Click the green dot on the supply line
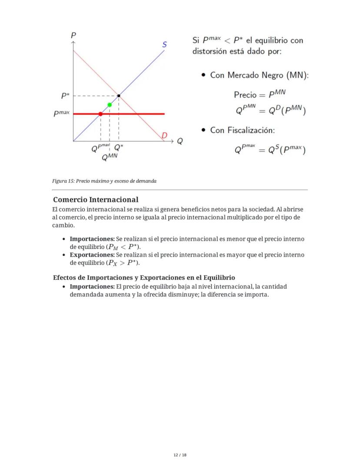[110, 105]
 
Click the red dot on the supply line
[100, 114]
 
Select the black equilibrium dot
[119, 95]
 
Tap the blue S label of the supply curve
[165, 44]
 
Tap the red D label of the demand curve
[164, 135]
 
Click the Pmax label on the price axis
[61, 114]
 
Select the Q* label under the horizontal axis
[118, 148]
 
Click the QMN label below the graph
[110, 158]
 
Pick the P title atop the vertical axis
[73, 36]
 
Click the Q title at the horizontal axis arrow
[179, 141]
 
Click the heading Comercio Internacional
[96, 200]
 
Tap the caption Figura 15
[104, 181]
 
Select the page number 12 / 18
[180, 455]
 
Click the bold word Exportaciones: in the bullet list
[92, 255]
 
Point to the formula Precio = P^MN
[260, 94]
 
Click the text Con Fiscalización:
[242, 130]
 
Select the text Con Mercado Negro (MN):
[259, 75]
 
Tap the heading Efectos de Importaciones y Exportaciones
[144, 278]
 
